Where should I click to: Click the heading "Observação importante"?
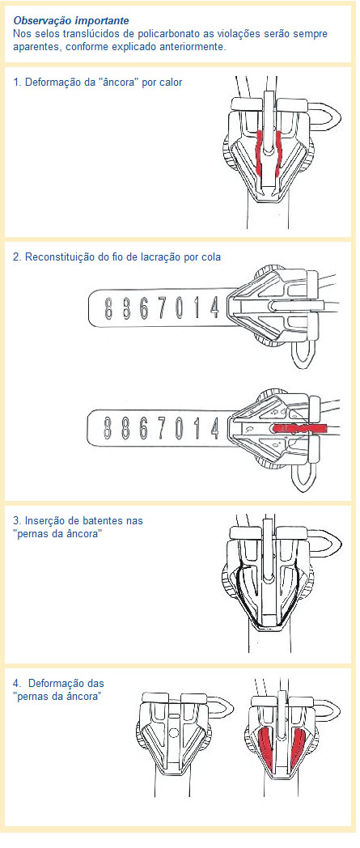click(x=71, y=19)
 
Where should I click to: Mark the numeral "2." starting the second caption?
click(x=18, y=257)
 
